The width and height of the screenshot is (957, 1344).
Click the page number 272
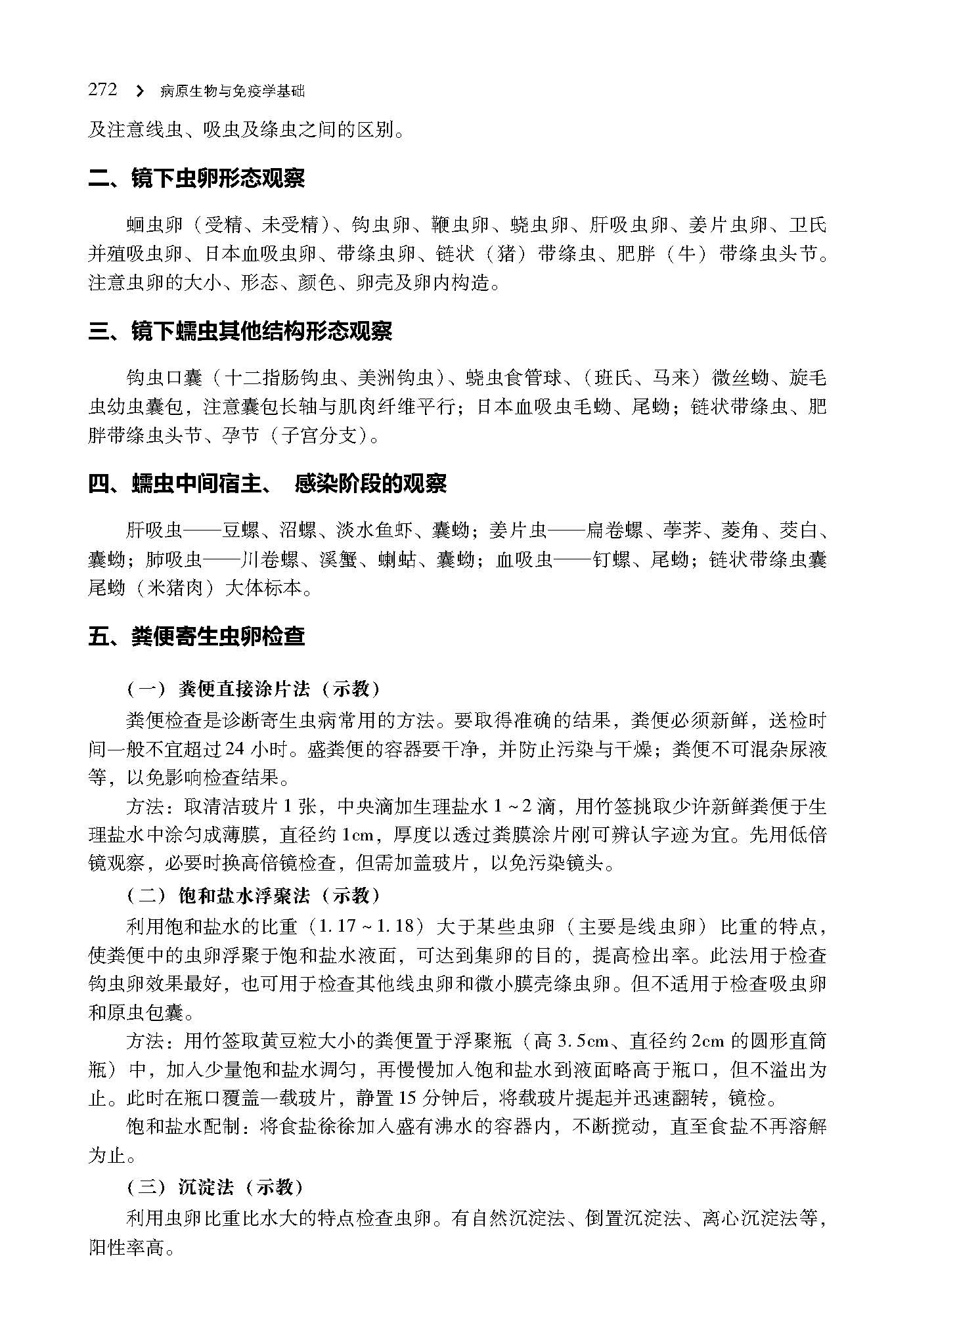point(102,90)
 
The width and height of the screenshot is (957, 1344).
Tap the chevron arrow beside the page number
point(139,91)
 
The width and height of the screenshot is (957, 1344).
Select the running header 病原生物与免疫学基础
point(233,92)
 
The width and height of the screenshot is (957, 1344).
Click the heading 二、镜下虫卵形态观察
point(196,179)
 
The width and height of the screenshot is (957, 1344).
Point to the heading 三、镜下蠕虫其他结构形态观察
point(240,332)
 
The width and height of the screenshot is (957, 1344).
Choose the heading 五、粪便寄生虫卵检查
point(196,636)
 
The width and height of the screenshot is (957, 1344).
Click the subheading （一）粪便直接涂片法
point(254,689)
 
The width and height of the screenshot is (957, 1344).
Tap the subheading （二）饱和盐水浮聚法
point(254,896)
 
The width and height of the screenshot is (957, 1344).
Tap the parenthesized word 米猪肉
point(174,587)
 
